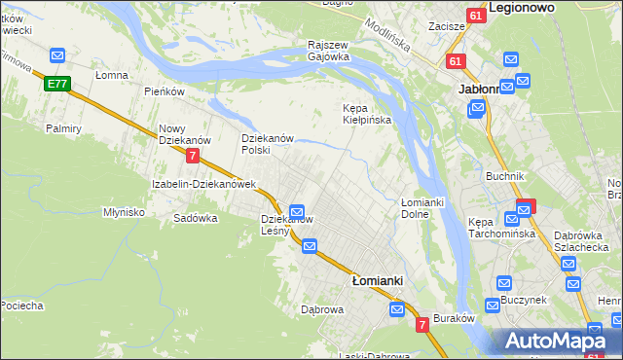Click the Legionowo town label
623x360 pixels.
534,7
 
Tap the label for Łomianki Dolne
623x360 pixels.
422,207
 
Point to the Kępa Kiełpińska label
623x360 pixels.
366,114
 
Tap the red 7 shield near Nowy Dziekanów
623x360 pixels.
193,156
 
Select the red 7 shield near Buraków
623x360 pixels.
422,324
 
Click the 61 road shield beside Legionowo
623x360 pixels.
474,17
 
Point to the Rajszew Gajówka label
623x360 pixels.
328,51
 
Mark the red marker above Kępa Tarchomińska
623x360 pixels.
526,206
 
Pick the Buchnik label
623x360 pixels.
505,176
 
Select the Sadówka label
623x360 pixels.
195,218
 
